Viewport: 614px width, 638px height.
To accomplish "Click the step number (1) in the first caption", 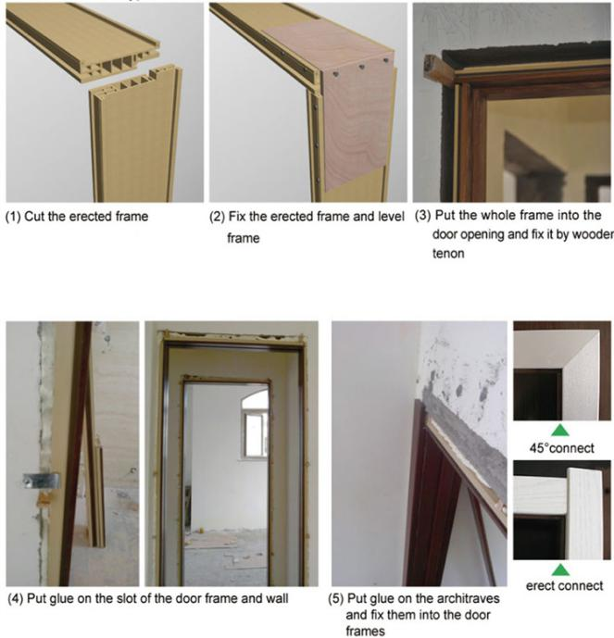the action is pyautogui.click(x=13, y=217).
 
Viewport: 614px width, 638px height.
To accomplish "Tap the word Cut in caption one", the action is pyautogui.click(x=34, y=216).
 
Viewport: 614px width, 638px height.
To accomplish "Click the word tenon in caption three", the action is pyautogui.click(x=448, y=254).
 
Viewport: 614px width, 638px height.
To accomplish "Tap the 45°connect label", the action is pyautogui.click(x=561, y=448).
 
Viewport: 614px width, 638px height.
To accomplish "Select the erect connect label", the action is pyautogui.click(x=564, y=585).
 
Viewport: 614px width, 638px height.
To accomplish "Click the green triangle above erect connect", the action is pyautogui.click(x=560, y=569).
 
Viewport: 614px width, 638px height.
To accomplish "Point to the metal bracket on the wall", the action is pyautogui.click(x=41, y=481).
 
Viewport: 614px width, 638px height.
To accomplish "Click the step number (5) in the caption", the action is pyautogui.click(x=336, y=599).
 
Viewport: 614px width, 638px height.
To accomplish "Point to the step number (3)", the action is pyautogui.click(x=422, y=216).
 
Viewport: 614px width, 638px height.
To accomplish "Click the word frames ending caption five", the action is pyautogui.click(x=365, y=632).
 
